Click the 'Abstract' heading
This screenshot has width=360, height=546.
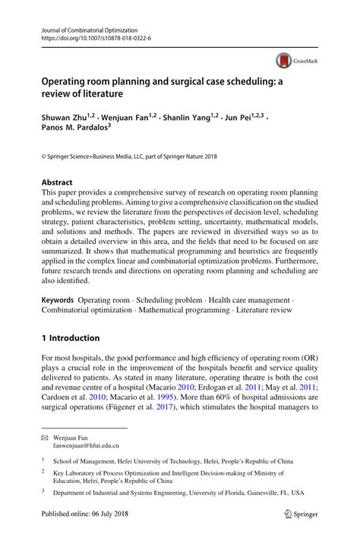(x=57, y=182)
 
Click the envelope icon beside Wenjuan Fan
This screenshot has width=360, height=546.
(x=45, y=439)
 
